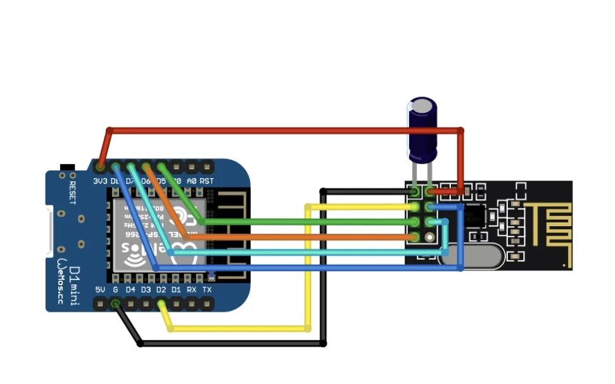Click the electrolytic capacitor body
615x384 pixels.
click(x=422, y=130)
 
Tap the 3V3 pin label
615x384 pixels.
click(x=101, y=181)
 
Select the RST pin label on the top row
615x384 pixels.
click(x=206, y=181)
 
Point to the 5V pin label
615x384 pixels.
click(x=100, y=290)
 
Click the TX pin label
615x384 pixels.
click(x=206, y=290)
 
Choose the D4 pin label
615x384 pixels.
click(x=130, y=290)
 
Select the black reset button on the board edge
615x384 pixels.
click(x=65, y=167)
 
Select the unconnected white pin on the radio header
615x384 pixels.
click(x=430, y=236)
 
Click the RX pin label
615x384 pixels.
click(x=191, y=290)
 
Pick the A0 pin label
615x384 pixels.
click(x=191, y=181)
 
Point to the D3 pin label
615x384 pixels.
click(x=146, y=290)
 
